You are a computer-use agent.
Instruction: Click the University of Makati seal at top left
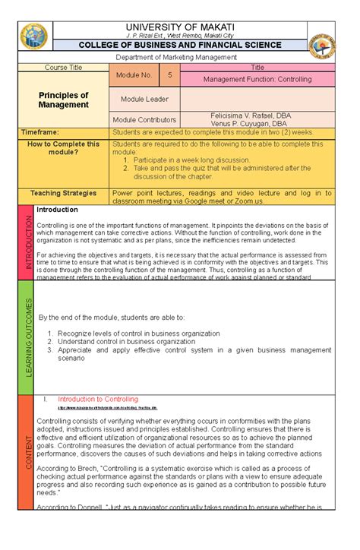pyautogui.click(x=34, y=33)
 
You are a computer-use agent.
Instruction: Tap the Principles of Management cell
pyautogui.click(x=64, y=100)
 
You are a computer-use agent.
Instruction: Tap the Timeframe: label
pyautogui.click(x=39, y=132)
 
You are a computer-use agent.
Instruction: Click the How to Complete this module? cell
pyautogui.click(x=64, y=147)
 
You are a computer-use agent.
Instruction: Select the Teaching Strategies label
pyautogui.click(x=64, y=193)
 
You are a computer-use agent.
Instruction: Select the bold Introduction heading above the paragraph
pyautogui.click(x=58, y=209)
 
